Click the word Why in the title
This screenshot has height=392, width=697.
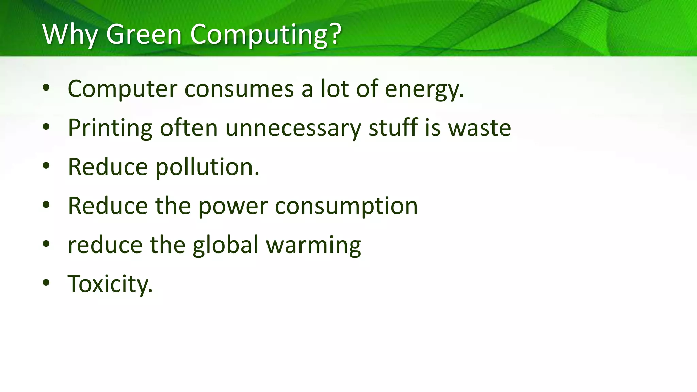point(70,34)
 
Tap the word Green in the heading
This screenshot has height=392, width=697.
point(144,34)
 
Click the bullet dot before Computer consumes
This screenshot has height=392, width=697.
point(46,88)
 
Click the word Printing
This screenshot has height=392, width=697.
point(110,129)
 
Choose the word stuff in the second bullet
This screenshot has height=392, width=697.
point(393,128)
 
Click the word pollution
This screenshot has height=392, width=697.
point(207,167)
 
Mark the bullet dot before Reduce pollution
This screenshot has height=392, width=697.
point(46,166)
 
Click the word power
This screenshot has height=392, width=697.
point(233,207)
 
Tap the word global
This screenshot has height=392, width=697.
point(225,245)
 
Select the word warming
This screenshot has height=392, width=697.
point(313,246)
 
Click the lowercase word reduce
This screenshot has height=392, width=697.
point(105,245)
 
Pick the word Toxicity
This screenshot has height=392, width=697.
point(110,284)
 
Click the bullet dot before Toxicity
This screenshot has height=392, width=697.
point(46,283)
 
